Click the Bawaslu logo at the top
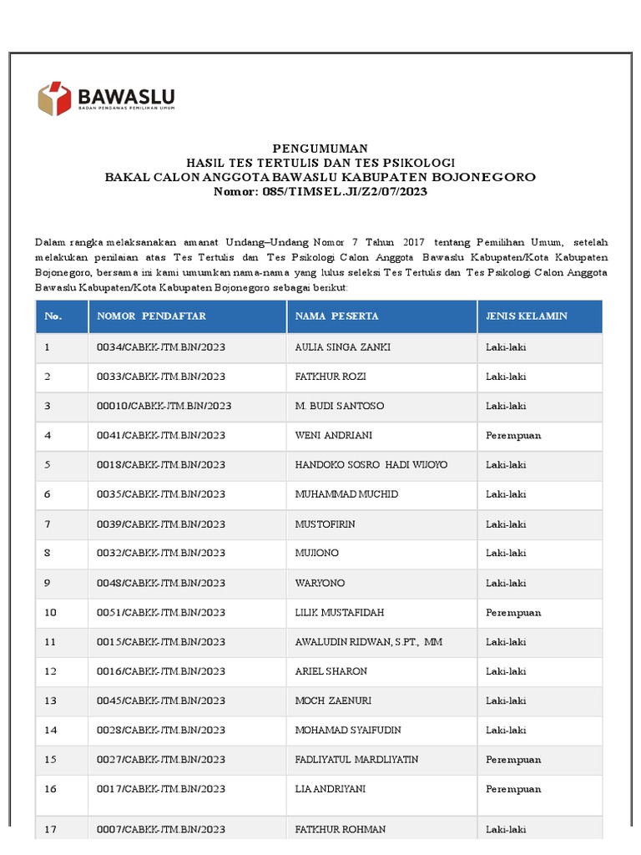[x=106, y=99]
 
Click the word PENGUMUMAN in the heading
[x=320, y=148]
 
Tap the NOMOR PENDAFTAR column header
[x=151, y=316]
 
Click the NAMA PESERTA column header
[x=336, y=316]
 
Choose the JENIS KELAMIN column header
[x=527, y=316]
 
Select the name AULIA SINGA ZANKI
[x=342, y=347]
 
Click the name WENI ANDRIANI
[x=334, y=436]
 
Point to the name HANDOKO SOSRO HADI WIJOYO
[x=371, y=465]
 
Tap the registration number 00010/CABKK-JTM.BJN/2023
[x=164, y=406]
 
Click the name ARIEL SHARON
[x=331, y=671]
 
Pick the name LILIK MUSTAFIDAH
[x=340, y=613]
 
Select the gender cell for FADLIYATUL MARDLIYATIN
[x=513, y=760]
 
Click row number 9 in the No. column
[x=48, y=583]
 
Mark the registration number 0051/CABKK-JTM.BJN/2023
[x=161, y=613]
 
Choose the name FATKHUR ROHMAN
[x=341, y=830]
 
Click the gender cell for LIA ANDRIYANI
[x=513, y=789]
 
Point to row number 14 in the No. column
[x=50, y=731]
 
